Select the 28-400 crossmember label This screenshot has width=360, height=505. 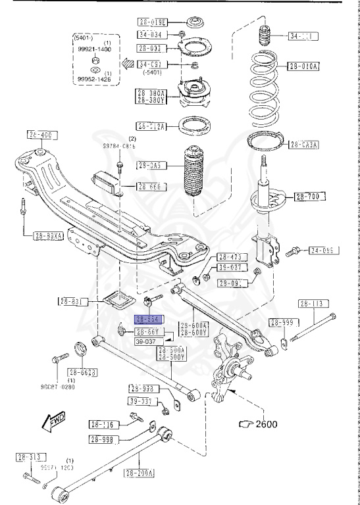click(39, 135)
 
